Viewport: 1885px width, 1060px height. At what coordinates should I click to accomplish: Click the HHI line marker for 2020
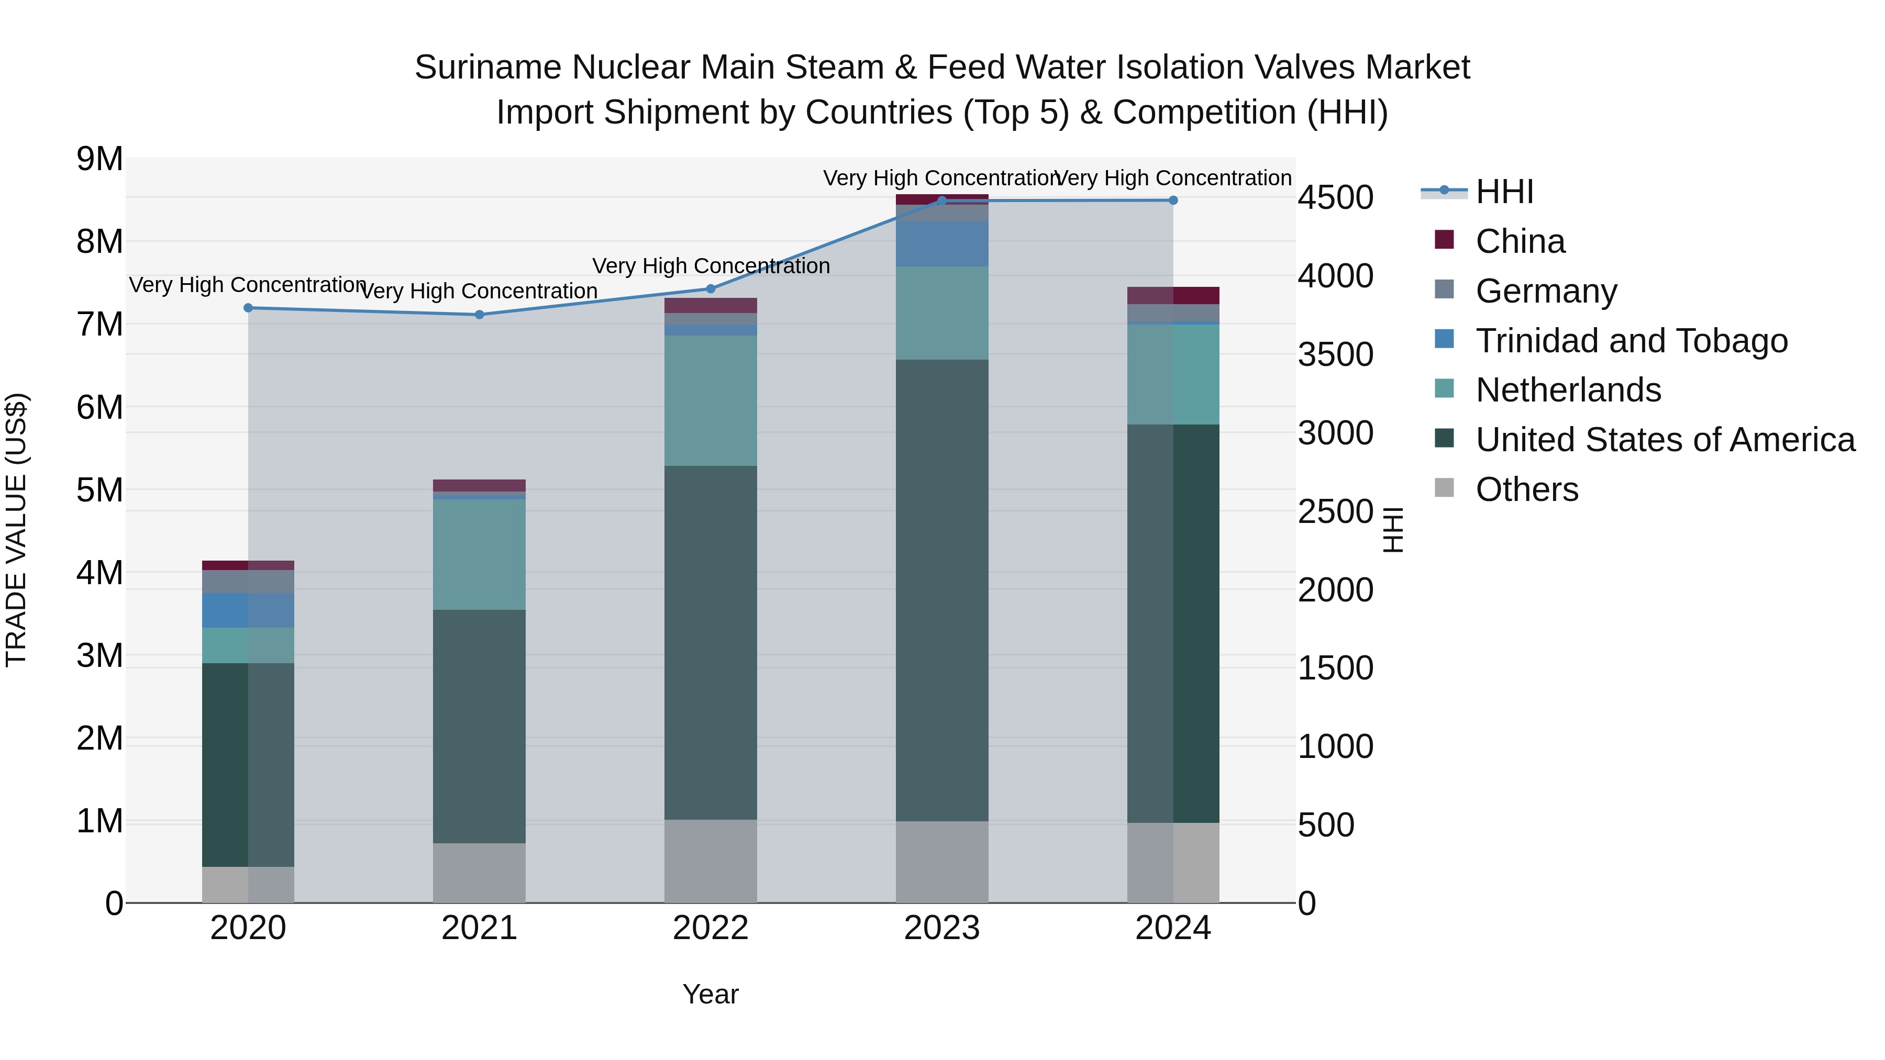pyautogui.click(x=248, y=308)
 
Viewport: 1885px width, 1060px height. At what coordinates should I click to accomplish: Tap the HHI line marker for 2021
pyautogui.click(x=479, y=315)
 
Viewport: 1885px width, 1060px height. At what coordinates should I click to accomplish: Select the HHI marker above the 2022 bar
pyautogui.click(x=711, y=289)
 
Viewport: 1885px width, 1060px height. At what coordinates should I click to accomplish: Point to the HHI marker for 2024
pyautogui.click(x=1173, y=200)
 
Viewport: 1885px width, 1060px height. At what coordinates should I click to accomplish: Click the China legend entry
pyautogui.click(x=1520, y=241)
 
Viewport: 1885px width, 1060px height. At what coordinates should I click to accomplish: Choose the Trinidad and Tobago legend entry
pyautogui.click(x=1631, y=341)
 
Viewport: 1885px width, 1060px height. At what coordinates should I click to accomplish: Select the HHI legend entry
pyautogui.click(x=1504, y=192)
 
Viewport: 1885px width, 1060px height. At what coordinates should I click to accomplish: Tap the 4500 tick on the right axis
pyautogui.click(x=1335, y=197)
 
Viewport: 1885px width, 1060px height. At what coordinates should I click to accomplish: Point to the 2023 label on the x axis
pyautogui.click(x=942, y=928)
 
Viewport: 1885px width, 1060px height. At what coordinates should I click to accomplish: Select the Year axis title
pyautogui.click(x=711, y=994)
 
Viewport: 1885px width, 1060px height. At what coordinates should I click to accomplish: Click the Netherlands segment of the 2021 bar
pyautogui.click(x=479, y=554)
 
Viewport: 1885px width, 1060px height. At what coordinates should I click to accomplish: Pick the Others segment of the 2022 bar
pyautogui.click(x=711, y=861)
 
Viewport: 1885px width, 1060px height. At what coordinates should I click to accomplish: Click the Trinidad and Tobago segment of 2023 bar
pyautogui.click(x=942, y=243)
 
